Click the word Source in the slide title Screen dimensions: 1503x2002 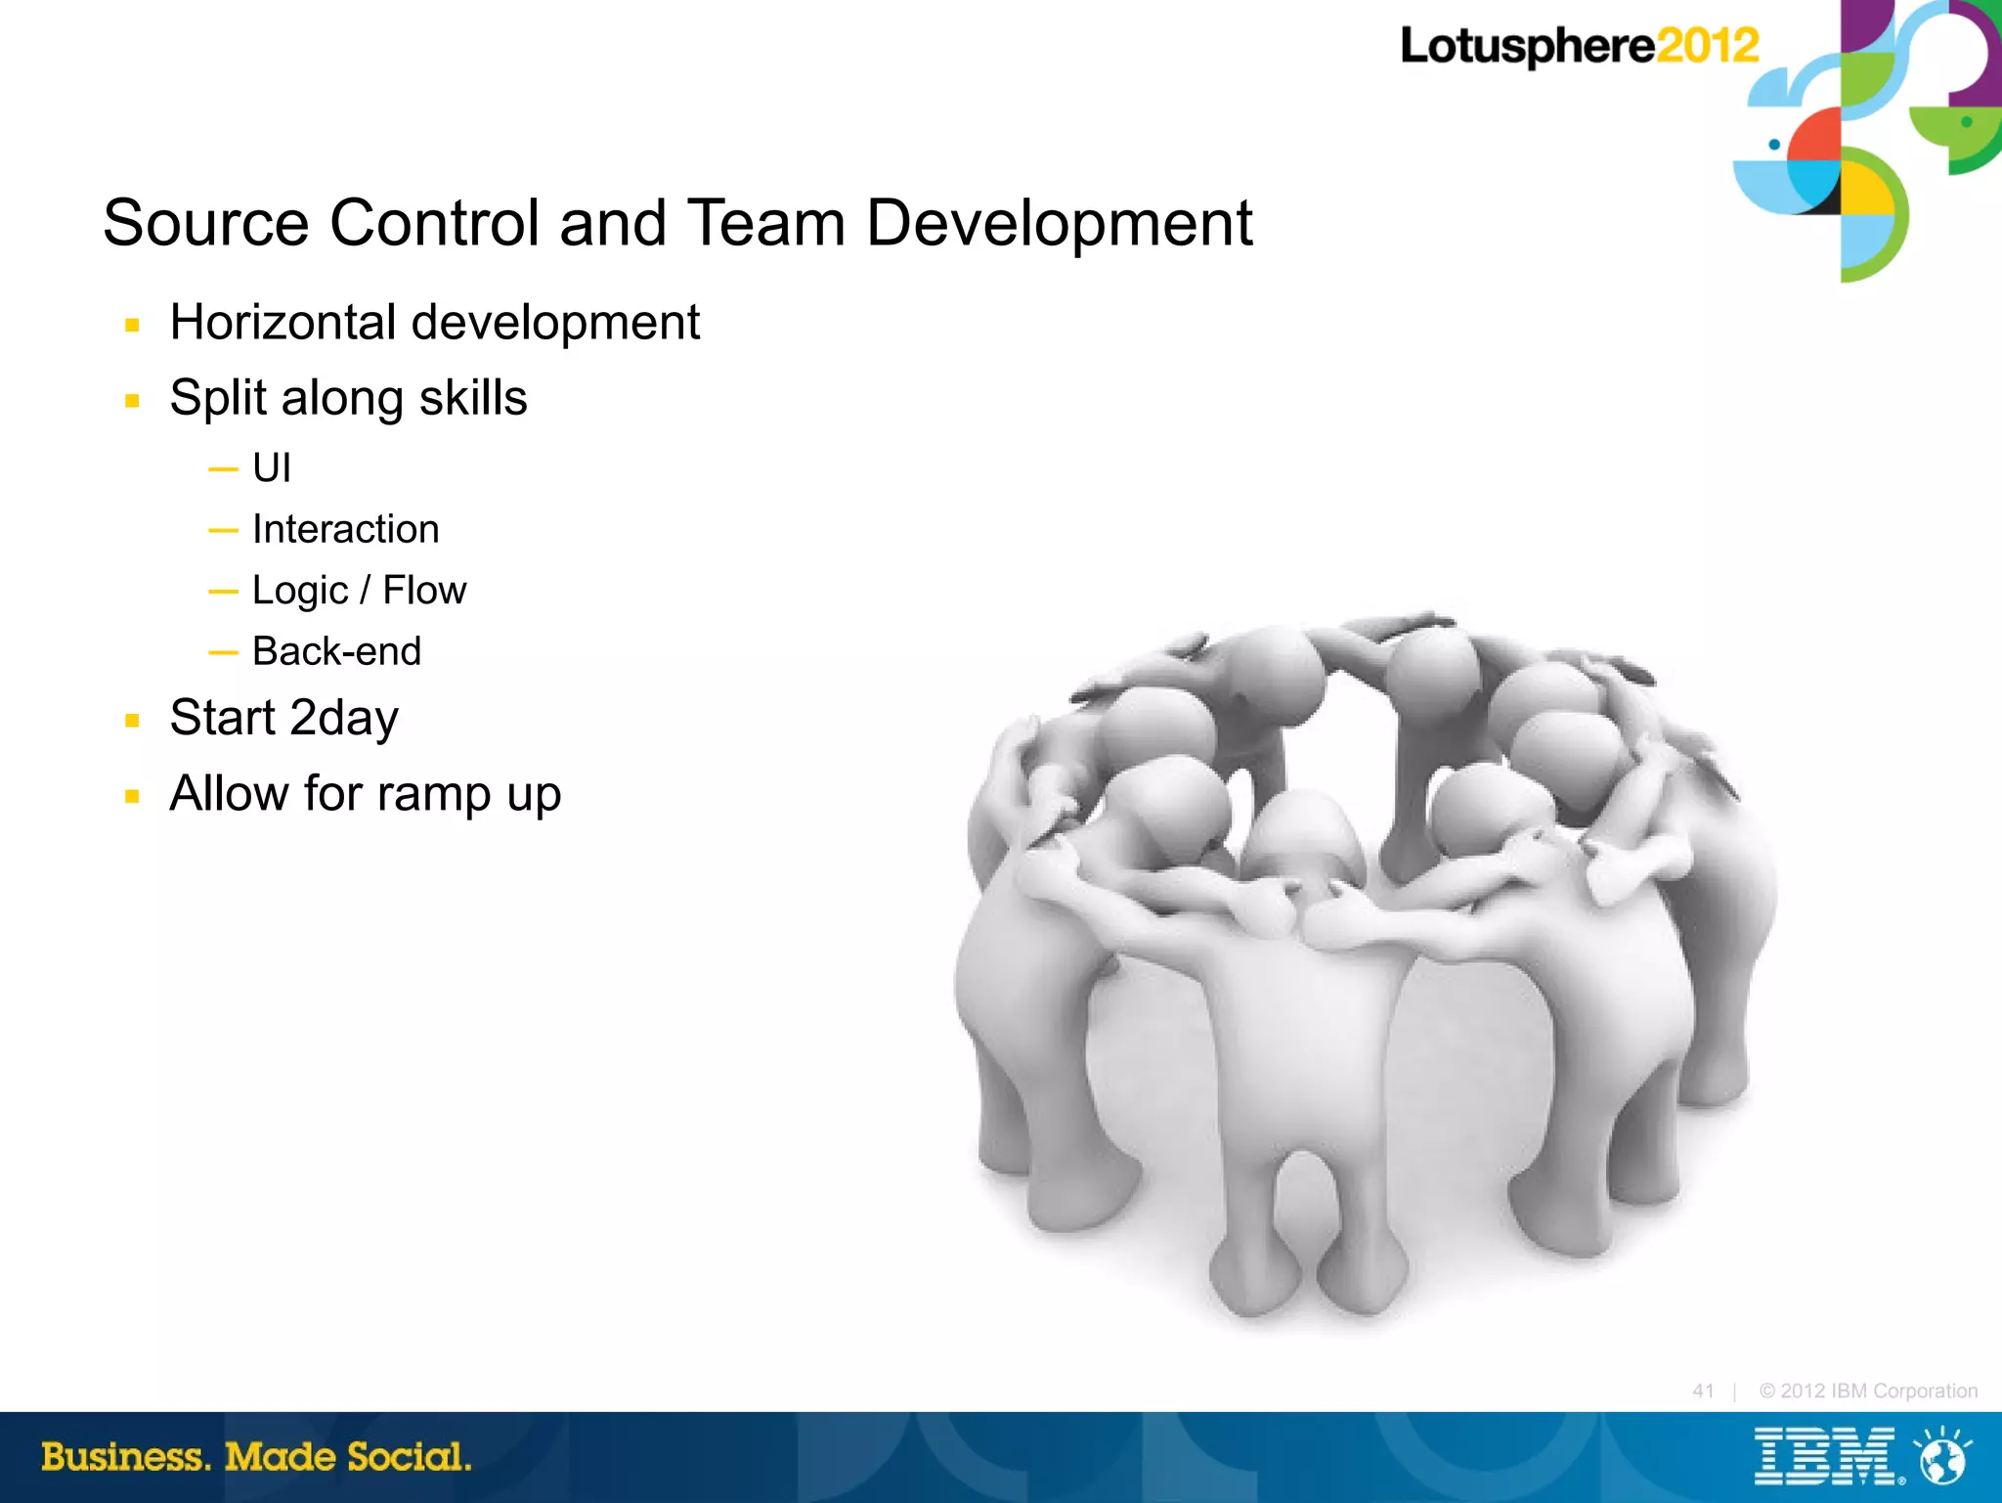[x=206, y=223]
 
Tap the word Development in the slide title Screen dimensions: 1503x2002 [x=1059, y=223]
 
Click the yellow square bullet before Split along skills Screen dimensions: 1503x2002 [x=133, y=400]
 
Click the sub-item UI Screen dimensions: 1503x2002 [x=271, y=468]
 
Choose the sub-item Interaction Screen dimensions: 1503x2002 [x=345, y=529]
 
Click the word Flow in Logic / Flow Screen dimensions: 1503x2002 [x=424, y=591]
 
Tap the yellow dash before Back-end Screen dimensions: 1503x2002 [x=223, y=651]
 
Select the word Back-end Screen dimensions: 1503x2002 [x=336, y=651]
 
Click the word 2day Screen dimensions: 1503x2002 [x=344, y=719]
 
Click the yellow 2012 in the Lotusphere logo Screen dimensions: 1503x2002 [x=1707, y=46]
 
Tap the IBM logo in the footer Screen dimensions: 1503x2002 [x=1824, y=1457]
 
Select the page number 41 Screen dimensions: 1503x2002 [x=1703, y=1391]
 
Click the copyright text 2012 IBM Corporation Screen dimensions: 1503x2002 [x=1868, y=1391]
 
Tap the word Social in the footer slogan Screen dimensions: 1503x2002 [x=409, y=1457]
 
